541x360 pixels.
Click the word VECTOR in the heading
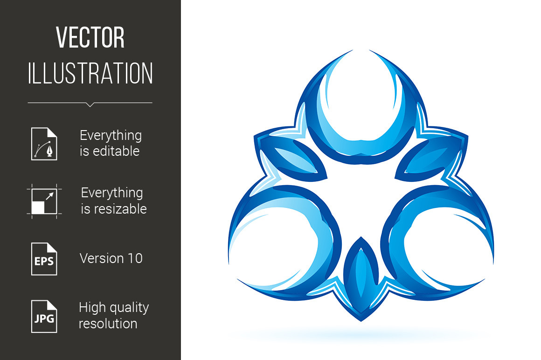(90, 37)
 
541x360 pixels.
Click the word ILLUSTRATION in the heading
(90, 73)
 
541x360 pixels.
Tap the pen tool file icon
(44, 144)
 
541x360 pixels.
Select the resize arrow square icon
(44, 201)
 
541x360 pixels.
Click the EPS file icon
(44, 259)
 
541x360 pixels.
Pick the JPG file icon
(44, 316)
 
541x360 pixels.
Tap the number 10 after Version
(135, 258)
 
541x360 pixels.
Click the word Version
(102, 258)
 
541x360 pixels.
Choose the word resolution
(108, 324)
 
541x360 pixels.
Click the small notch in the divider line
(90, 104)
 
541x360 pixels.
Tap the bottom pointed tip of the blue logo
(361, 321)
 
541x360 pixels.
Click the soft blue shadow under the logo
(361, 334)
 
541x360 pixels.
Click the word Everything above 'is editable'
(111, 136)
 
